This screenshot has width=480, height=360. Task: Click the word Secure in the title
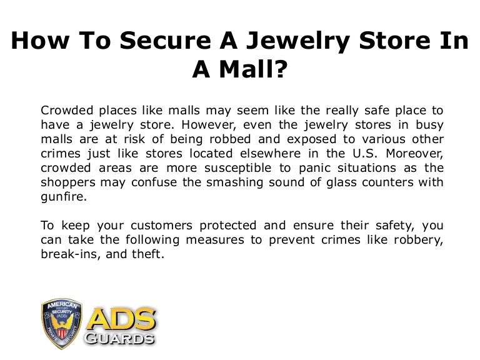coord(165,41)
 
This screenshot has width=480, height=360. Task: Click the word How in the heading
coord(40,41)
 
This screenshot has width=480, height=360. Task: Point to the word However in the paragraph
coord(209,125)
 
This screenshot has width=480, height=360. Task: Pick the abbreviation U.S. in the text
coord(364,153)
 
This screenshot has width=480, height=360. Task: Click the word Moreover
coord(414,154)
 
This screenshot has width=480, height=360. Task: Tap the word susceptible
coord(238,168)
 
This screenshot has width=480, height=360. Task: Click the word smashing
coord(234,182)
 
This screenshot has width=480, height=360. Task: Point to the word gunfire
coord(64,197)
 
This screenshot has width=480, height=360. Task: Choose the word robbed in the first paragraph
coord(230,139)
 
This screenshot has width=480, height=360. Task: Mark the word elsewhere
coord(270,153)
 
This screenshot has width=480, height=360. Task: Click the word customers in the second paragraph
coord(161,226)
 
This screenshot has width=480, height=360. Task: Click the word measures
coord(215,240)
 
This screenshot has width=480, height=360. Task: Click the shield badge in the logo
coord(62,324)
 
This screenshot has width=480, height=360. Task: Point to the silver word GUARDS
coord(119,339)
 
